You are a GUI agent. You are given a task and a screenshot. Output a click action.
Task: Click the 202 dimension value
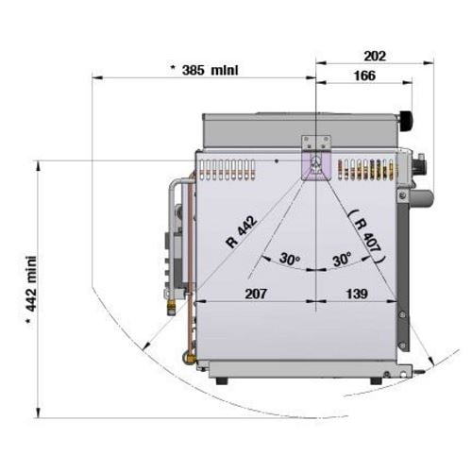tap(375, 56)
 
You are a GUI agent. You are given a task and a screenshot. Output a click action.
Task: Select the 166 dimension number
tap(364, 76)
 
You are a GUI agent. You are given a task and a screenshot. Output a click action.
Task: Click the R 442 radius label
tap(242, 231)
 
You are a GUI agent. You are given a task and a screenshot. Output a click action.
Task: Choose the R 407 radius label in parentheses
tap(367, 236)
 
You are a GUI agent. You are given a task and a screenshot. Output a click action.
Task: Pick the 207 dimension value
tap(256, 294)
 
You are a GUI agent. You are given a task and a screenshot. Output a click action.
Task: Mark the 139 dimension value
tap(357, 294)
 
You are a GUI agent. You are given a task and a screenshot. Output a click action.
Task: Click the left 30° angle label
tap(290, 260)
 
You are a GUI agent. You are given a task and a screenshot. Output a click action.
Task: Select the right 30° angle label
tap(342, 260)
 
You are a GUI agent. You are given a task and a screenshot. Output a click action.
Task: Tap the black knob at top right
tap(406, 120)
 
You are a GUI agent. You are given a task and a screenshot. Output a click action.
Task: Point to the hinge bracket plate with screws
tap(316, 143)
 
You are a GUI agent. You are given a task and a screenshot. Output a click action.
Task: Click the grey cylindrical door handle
tap(421, 198)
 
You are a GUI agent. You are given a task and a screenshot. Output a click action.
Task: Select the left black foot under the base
tap(222, 380)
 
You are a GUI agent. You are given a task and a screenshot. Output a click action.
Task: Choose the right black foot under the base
tap(376, 380)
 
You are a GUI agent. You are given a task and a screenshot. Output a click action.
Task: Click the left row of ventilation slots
tap(227, 170)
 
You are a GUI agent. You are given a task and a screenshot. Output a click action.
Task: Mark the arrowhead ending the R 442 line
tap(145, 346)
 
